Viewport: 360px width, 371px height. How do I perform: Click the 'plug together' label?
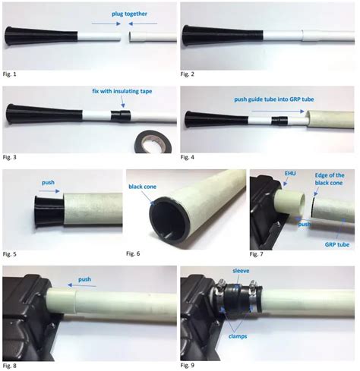pyautogui.click(x=129, y=14)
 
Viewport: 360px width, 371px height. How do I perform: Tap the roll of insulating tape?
pyautogui.click(x=153, y=143)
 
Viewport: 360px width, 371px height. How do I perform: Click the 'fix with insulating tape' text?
pyautogui.click(x=122, y=91)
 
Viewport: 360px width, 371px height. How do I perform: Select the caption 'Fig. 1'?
pyautogui.click(x=9, y=74)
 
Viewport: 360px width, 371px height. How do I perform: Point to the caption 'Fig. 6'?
pyautogui.click(x=133, y=253)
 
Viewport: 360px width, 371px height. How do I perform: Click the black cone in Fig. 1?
pyautogui.click(x=41, y=36)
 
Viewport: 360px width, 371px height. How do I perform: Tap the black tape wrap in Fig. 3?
pyautogui.click(x=121, y=115)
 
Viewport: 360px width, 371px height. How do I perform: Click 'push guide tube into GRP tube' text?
pyautogui.click(x=274, y=99)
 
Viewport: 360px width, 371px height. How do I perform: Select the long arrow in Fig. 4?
pyautogui.click(x=278, y=111)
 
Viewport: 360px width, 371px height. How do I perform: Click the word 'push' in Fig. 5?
pyautogui.click(x=48, y=183)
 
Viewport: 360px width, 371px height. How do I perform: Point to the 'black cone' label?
pyautogui.click(x=142, y=187)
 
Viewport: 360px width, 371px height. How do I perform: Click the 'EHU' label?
pyautogui.click(x=290, y=174)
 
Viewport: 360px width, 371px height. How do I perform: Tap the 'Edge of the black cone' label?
pyautogui.click(x=329, y=179)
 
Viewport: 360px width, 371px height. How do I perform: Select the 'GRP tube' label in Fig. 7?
pyautogui.click(x=337, y=244)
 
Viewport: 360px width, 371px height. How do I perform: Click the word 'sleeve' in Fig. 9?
pyautogui.click(x=241, y=271)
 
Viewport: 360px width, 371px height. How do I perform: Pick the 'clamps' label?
pyautogui.click(x=238, y=336)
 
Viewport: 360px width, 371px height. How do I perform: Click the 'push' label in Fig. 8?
pyautogui.click(x=84, y=279)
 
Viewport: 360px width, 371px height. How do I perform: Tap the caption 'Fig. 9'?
pyautogui.click(x=188, y=365)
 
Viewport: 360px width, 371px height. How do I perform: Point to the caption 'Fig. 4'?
pyautogui.click(x=188, y=157)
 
